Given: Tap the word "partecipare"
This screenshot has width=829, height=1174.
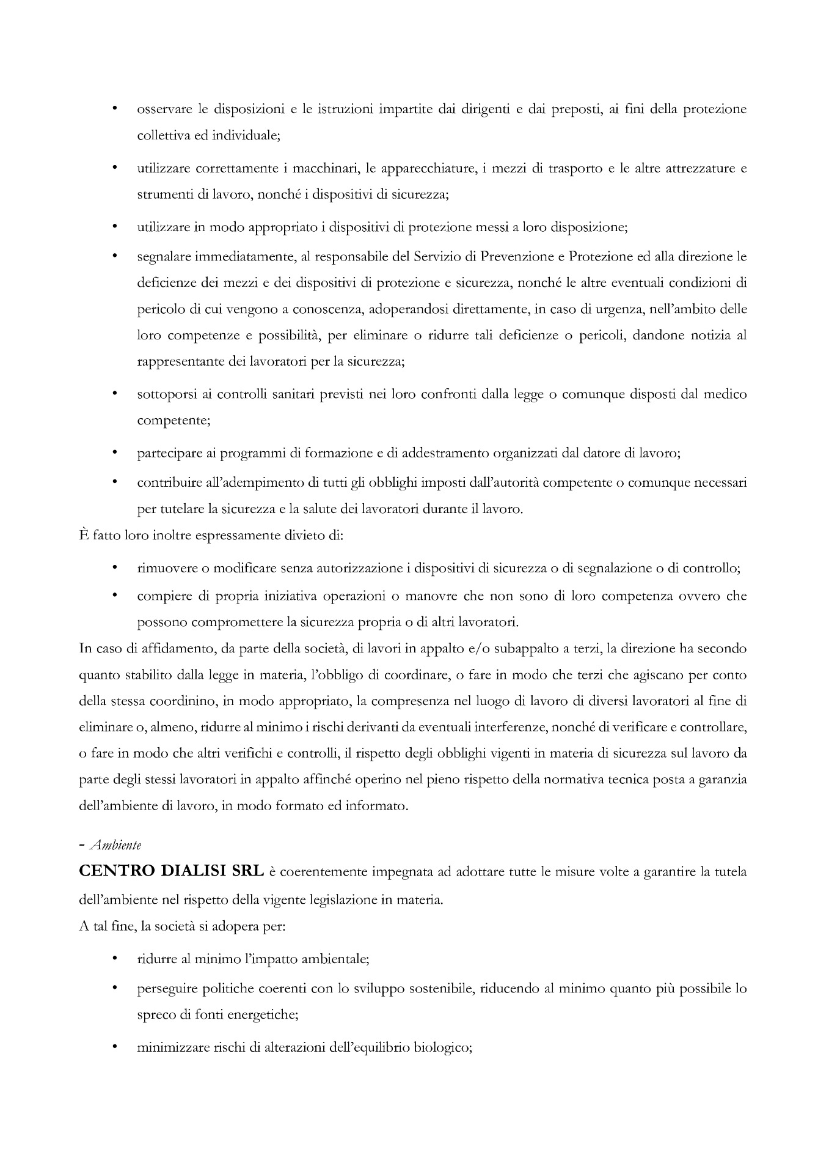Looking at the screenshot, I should click(x=169, y=454).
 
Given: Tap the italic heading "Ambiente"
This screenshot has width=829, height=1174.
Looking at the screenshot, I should click(x=115, y=846).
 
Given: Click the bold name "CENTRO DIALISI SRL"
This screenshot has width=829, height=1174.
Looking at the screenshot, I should click(x=172, y=872).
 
